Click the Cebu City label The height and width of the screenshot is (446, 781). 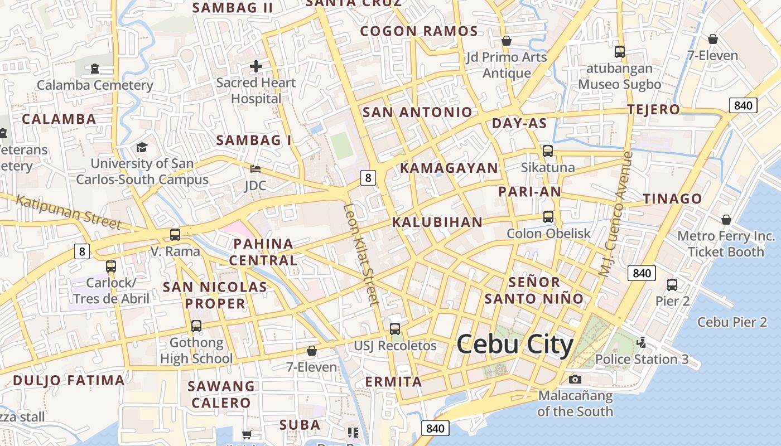coord(515,345)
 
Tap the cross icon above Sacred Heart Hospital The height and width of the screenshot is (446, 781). coord(256,66)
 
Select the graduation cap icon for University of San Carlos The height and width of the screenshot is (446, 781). coord(142,148)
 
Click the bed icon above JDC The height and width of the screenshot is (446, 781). coord(255,168)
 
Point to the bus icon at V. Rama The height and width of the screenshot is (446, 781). coord(175,235)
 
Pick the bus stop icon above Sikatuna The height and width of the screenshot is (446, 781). coord(548,151)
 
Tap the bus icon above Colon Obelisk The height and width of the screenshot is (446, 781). coord(548,217)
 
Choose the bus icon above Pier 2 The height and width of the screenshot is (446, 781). coord(672,285)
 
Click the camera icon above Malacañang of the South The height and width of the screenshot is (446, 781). coord(575,380)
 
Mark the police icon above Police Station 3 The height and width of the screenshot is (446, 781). coord(642,343)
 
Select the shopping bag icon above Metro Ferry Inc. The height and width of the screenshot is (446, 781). coord(726,220)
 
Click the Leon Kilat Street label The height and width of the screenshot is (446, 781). coord(361,254)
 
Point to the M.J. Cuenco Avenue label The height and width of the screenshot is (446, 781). coord(615,214)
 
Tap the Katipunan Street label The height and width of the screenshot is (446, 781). coord(68,211)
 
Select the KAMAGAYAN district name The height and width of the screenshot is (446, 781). coord(449,168)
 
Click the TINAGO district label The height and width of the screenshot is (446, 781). coord(672,198)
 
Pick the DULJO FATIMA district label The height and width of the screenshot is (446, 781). coord(69,381)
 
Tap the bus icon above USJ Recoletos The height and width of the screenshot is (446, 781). coord(395,328)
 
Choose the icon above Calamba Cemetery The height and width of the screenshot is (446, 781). coord(95,69)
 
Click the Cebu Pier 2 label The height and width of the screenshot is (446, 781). coord(732,322)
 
